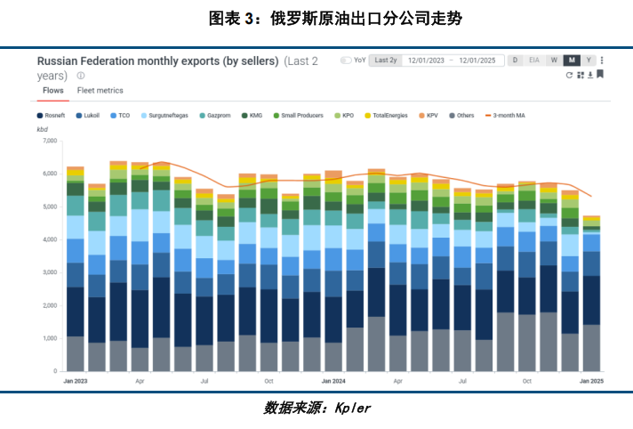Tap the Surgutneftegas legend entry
coord(163,116)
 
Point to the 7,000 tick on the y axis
coord(49,141)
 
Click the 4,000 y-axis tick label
coord(49,239)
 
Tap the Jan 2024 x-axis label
coord(333,380)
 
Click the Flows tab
coord(52,91)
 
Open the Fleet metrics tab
coord(100,91)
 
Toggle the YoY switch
coord(347,61)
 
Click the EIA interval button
coord(534,61)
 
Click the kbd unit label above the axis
coord(43,130)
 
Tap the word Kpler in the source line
coord(352,408)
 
